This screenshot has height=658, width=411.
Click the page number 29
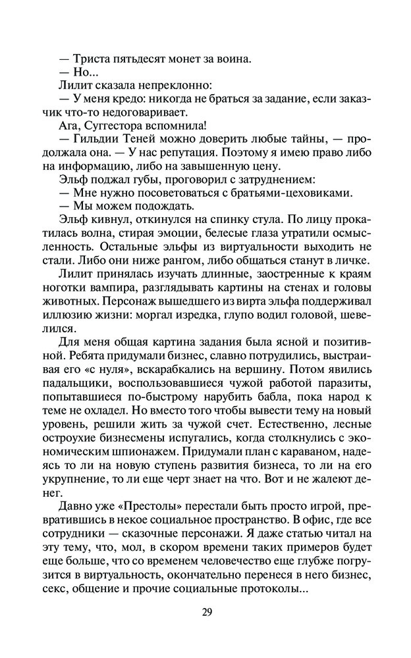[206, 612]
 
